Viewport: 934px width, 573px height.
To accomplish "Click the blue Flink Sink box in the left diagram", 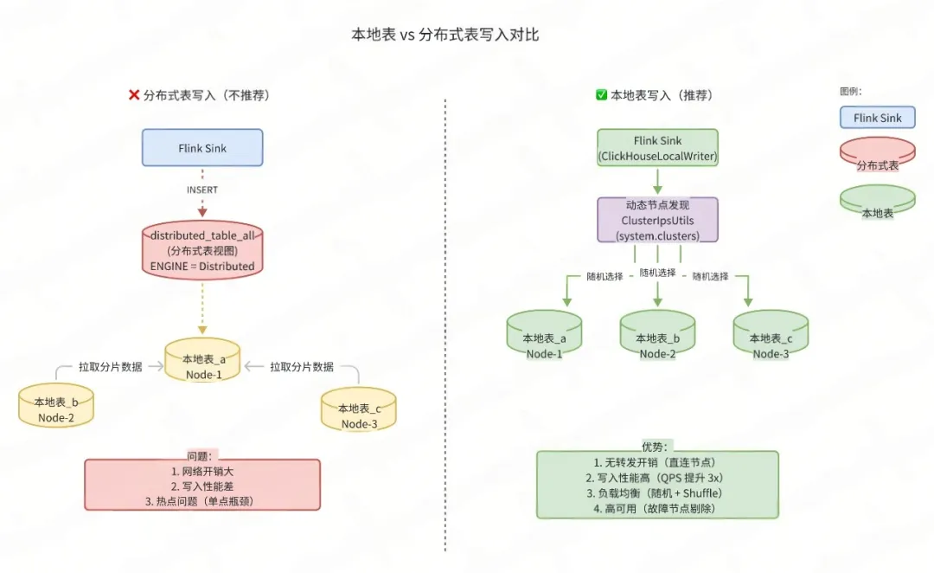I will (202, 147).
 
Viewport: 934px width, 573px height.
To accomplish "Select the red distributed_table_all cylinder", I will (202, 250).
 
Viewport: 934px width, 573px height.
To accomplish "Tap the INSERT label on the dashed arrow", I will (202, 190).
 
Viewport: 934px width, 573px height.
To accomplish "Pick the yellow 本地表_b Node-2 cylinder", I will (56, 409).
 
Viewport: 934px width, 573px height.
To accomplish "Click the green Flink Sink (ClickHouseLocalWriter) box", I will (657, 148).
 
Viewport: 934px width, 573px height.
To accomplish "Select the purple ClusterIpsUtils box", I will (657, 221).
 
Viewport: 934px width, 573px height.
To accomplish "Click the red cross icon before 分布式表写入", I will (134, 95).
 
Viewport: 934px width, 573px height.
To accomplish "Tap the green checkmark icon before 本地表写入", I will (601, 95).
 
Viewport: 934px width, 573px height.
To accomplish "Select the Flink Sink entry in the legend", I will (877, 118).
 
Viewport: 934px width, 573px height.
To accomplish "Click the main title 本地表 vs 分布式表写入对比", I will (445, 35).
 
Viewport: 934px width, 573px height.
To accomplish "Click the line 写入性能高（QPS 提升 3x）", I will (658, 478).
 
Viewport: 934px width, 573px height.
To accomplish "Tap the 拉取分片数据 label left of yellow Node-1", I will (110, 367).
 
